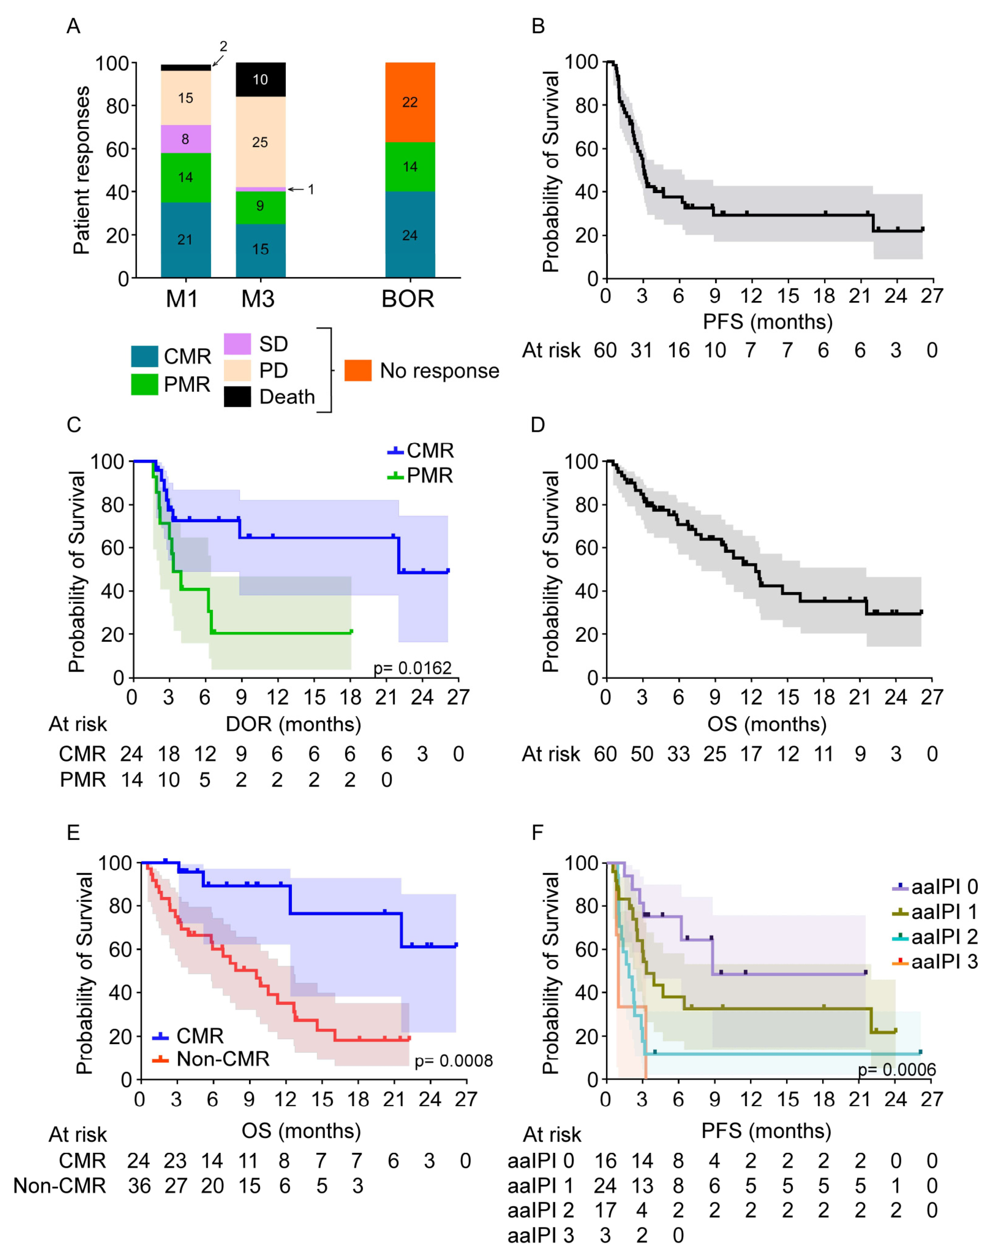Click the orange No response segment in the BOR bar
(410, 102)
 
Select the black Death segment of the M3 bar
(260, 79)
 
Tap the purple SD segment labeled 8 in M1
(186, 139)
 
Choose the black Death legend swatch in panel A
(237, 397)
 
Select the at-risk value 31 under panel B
(642, 350)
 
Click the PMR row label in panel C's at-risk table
(83, 780)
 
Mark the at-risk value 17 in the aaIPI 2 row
(605, 1211)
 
